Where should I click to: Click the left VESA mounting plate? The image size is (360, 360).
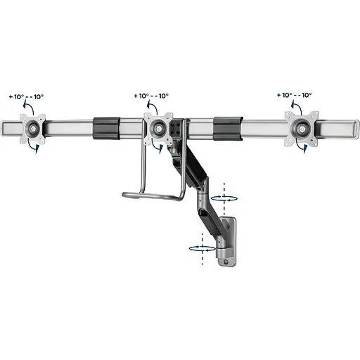[32, 129]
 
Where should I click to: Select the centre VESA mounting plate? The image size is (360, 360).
[158, 128]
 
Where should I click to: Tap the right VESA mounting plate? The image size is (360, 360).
[302, 129]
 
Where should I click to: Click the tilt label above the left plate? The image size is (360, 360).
[26, 96]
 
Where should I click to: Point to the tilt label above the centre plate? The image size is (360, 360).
[151, 96]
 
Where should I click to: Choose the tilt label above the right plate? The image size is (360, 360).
[295, 95]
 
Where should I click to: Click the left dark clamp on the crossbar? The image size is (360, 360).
[106, 129]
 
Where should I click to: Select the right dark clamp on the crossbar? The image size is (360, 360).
[228, 129]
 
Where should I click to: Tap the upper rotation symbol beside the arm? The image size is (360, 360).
[224, 198]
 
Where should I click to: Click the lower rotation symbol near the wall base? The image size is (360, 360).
[202, 248]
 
